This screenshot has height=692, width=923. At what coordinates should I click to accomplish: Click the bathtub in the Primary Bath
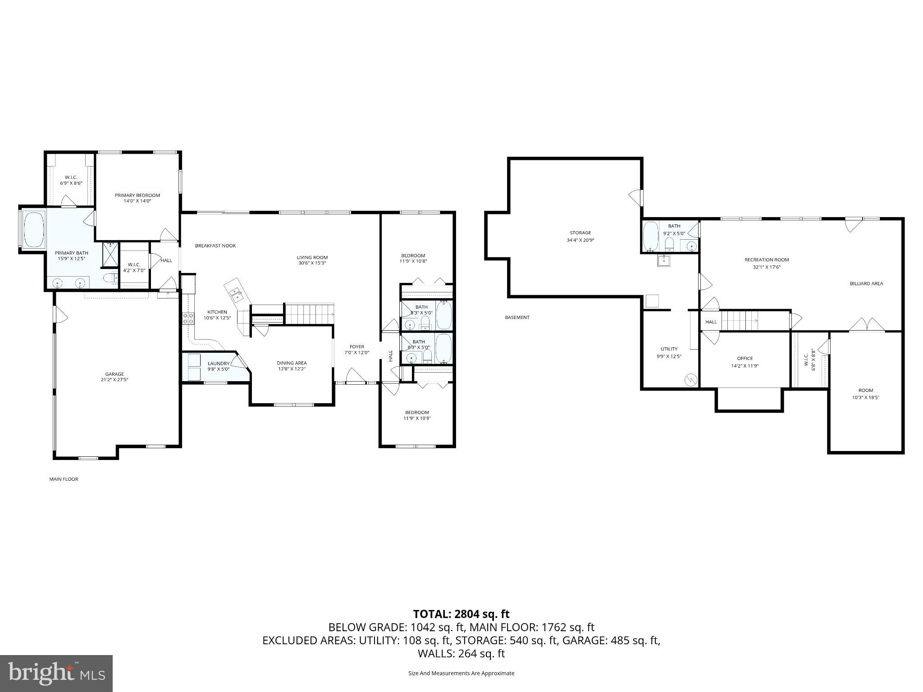(33, 229)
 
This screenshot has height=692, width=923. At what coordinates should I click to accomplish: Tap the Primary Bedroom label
(137, 195)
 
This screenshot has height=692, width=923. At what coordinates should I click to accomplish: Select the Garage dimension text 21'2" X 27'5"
(114, 380)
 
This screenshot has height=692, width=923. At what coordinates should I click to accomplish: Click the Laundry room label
(218, 364)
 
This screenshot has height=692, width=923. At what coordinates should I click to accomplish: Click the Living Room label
(312, 257)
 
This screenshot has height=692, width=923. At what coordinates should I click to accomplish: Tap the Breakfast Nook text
(215, 246)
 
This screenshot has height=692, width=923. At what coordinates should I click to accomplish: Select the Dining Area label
(292, 363)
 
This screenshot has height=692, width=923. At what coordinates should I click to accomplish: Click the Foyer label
(356, 346)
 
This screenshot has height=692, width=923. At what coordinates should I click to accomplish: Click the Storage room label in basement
(580, 233)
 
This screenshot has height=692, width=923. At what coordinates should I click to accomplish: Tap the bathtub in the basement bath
(650, 237)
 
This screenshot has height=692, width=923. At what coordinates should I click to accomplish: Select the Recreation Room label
(767, 259)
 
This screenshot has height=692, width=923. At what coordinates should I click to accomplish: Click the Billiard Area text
(866, 283)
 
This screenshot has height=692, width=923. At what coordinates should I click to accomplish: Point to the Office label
(745, 358)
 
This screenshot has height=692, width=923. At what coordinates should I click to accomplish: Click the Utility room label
(669, 349)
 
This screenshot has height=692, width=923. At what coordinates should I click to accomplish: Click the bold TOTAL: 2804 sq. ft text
(461, 614)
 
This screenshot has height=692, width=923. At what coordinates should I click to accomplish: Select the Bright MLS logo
(56, 673)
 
